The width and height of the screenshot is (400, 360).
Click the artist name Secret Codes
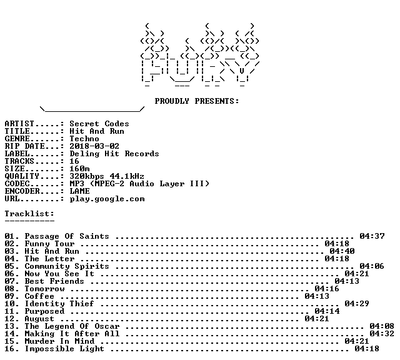tap(99, 124)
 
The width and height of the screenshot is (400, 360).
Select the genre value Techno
tap(84, 139)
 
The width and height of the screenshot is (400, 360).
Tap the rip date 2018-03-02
tap(94, 146)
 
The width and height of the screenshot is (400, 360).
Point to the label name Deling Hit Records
tap(114, 154)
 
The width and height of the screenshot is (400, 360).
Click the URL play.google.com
tap(107, 199)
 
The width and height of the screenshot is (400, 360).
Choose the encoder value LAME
tap(79, 191)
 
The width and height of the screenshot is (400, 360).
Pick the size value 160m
tap(79, 169)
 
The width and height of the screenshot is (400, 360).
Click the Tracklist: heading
tap(29, 214)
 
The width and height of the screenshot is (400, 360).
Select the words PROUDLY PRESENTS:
tap(197, 101)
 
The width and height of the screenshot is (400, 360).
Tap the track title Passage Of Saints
tap(67, 236)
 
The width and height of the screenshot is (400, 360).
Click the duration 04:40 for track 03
tap(342, 251)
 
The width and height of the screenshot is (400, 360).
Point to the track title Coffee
tap(39, 296)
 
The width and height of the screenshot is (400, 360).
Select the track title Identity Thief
tap(59, 304)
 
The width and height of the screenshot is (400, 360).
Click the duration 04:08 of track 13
tap(382, 326)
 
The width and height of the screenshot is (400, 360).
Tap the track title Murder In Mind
tap(59, 341)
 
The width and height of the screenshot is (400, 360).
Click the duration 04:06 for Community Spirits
tap(372, 266)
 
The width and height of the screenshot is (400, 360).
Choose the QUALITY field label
tap(22, 176)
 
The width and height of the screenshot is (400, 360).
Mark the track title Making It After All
tap(72, 334)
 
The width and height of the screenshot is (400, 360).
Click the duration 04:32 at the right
tap(382, 334)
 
